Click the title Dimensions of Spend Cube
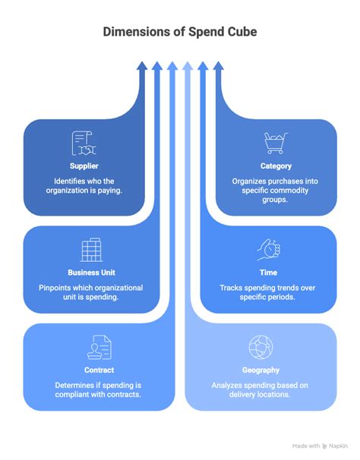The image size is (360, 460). pyautogui.click(x=180, y=32)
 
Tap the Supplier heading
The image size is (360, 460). pyautogui.click(x=84, y=166)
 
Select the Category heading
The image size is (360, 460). pyautogui.click(x=276, y=166)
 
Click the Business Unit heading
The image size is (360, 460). pyautogui.click(x=91, y=273)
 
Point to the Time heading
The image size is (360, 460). pyautogui.click(x=268, y=273)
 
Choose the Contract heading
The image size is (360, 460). pyautogui.click(x=99, y=370)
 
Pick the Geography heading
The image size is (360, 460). pyautogui.click(x=261, y=370)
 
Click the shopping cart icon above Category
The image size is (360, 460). pyautogui.click(x=276, y=143)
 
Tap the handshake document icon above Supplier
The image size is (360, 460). pyautogui.click(x=84, y=143)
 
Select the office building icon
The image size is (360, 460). pyautogui.click(x=91, y=250)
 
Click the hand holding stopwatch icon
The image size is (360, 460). pyautogui.click(x=269, y=250)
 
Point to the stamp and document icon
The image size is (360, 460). pyautogui.click(x=99, y=348)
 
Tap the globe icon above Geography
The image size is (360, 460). pyautogui.click(x=261, y=348)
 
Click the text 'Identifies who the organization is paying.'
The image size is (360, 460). pyautogui.click(x=84, y=186)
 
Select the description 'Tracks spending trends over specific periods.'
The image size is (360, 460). pyautogui.click(x=267, y=292)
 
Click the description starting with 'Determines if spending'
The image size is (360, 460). pyautogui.click(x=98, y=389)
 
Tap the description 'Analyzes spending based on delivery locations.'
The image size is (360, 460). pyautogui.click(x=260, y=389)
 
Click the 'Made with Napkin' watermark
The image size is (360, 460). pyautogui.click(x=320, y=446)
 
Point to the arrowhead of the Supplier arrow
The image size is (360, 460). pyautogui.click(x=142, y=66)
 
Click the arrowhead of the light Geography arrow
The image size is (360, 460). pyautogui.click(x=188, y=66)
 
